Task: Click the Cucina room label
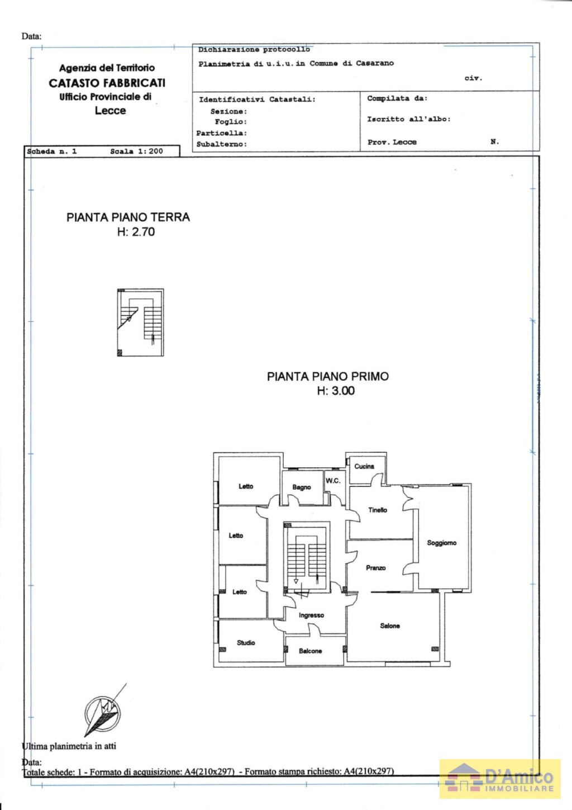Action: point(364,466)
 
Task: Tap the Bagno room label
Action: point(302,487)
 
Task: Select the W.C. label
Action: point(333,481)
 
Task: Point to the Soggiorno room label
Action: point(441,543)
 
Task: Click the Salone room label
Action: point(390,626)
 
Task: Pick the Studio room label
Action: point(246,643)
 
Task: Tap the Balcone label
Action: point(310,651)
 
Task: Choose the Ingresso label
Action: point(311,615)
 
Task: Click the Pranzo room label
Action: point(375,568)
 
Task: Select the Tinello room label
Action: point(378,510)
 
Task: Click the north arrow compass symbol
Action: point(103,713)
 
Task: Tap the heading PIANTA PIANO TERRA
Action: point(128,217)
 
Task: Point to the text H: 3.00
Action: point(336,391)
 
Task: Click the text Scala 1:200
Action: point(136,151)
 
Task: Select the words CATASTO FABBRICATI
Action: point(107,83)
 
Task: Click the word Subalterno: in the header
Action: point(221,144)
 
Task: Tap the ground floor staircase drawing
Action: point(140,323)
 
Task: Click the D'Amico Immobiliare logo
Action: point(500,778)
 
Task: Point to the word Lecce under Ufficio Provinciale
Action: point(110,111)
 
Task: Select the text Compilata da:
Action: point(397,98)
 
